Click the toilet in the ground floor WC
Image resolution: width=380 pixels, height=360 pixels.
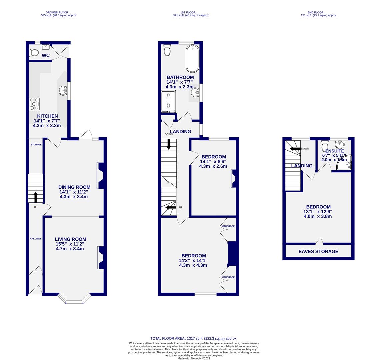click(34, 53)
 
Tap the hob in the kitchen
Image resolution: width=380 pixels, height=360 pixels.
click(34, 104)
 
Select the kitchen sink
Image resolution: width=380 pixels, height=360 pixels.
click(63, 90)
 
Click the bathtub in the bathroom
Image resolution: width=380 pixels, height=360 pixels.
click(192, 59)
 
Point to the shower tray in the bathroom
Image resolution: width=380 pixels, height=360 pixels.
click(168, 101)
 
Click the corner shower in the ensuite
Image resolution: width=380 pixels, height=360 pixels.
click(345, 163)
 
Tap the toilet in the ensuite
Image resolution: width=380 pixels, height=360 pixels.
click(325, 146)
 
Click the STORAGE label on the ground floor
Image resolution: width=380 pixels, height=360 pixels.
click(36, 145)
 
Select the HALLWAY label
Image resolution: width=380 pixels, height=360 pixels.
click(35, 239)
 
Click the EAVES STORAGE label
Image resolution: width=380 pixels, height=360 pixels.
click(318, 252)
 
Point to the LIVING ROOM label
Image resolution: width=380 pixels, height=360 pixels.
click(70, 239)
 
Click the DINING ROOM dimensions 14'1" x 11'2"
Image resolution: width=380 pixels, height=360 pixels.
click(74, 192)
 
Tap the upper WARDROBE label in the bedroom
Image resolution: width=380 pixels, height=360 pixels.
click(228, 226)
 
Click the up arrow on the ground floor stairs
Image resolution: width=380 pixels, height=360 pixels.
click(35, 197)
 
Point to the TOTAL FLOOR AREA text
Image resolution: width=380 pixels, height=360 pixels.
click(194, 338)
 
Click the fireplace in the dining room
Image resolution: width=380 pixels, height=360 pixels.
click(100, 176)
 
